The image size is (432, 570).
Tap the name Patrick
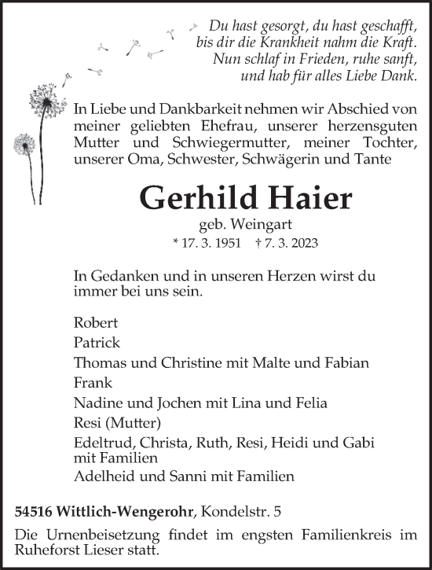[x=97, y=343]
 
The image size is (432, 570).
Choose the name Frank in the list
[x=93, y=383]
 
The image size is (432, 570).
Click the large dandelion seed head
[x=43, y=101]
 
